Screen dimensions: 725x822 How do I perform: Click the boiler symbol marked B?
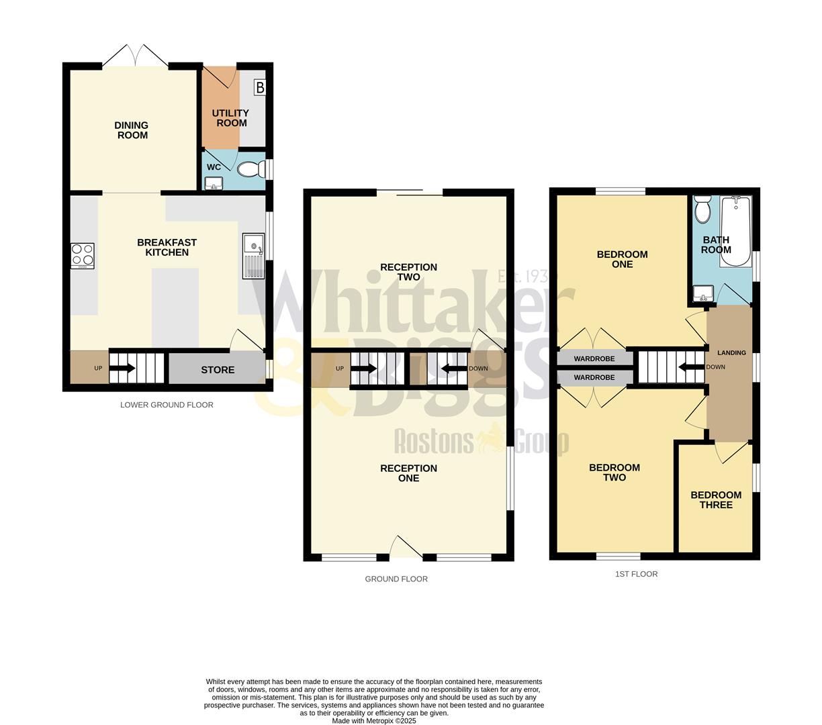pyautogui.click(x=259, y=87)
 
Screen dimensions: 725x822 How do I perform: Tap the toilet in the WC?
pyautogui.click(x=249, y=169)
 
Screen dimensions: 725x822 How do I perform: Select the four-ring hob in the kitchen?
pyautogui.click(x=83, y=255)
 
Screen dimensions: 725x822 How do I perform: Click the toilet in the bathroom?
pyautogui.click(x=702, y=209)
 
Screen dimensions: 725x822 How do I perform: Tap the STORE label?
pyautogui.click(x=218, y=370)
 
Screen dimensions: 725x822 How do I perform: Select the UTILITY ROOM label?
pyautogui.click(x=230, y=118)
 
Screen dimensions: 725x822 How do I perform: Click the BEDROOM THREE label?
pyautogui.click(x=716, y=499)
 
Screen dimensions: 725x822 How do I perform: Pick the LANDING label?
pyautogui.click(x=731, y=353)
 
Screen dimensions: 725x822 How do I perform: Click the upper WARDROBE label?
pyautogui.click(x=594, y=358)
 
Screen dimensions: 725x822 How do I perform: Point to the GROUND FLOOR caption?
pyautogui.click(x=396, y=579)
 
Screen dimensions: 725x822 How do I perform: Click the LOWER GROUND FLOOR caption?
pyautogui.click(x=167, y=405)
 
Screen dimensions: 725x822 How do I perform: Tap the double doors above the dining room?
pyautogui.click(x=136, y=56)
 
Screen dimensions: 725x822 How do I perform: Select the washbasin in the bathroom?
pyautogui.click(x=702, y=293)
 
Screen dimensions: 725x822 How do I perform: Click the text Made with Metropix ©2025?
pyautogui.click(x=375, y=721)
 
